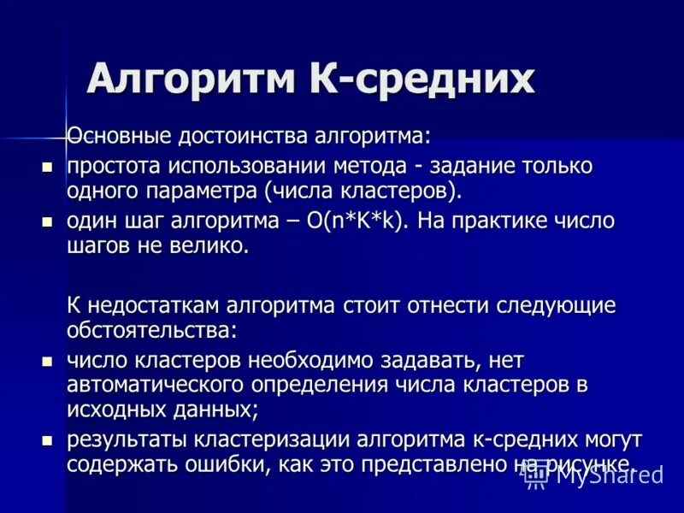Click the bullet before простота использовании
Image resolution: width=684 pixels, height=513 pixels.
48,165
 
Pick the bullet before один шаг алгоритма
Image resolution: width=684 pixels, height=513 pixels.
48,221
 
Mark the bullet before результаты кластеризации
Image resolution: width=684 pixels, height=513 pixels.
48,442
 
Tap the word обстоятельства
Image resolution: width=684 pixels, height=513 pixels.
150,329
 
